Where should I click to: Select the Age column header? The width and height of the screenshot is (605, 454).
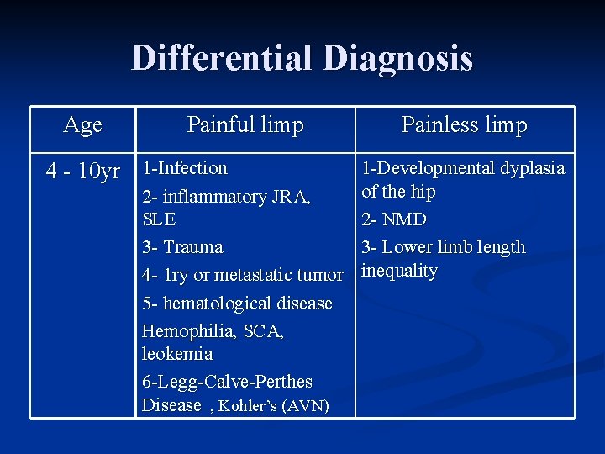(x=83, y=125)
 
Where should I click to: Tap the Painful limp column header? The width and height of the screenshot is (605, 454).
(x=245, y=125)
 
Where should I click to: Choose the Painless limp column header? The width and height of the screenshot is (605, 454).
(x=464, y=125)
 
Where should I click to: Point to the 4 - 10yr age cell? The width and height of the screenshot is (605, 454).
(x=82, y=172)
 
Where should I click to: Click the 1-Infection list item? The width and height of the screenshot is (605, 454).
(x=185, y=168)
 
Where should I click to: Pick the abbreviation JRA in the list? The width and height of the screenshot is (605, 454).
(x=290, y=197)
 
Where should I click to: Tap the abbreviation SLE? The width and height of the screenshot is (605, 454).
(x=160, y=219)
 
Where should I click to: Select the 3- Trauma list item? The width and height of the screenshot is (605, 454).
(x=182, y=247)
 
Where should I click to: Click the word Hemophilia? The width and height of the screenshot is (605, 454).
(x=189, y=331)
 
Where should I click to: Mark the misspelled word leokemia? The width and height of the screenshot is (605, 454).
(x=177, y=354)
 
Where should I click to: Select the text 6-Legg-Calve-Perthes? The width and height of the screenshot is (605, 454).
(x=227, y=382)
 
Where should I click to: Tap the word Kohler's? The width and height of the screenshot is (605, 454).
(x=249, y=406)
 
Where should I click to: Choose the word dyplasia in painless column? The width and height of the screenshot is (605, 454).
(x=533, y=168)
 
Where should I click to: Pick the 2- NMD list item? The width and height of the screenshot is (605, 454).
(x=394, y=219)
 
